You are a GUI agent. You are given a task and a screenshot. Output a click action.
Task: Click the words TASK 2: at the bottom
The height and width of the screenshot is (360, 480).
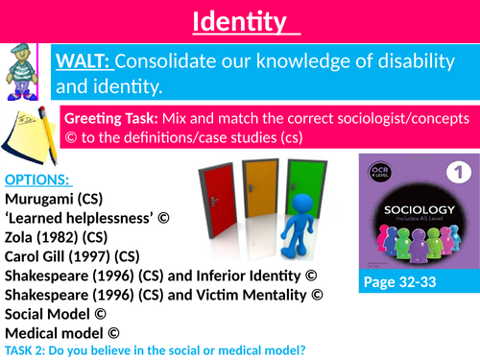[x=27, y=353]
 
